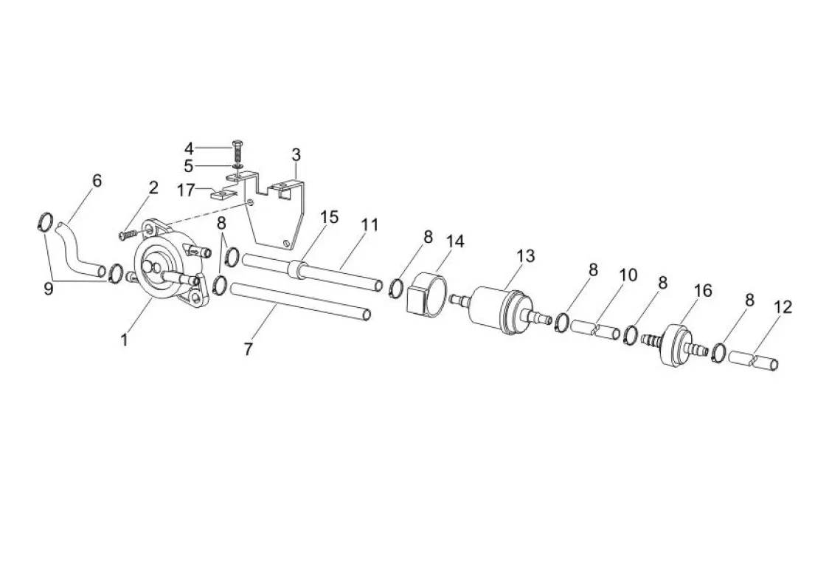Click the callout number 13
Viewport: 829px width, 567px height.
click(526, 256)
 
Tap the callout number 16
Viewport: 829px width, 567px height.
click(703, 291)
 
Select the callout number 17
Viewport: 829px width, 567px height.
click(186, 190)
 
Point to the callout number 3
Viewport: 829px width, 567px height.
click(296, 155)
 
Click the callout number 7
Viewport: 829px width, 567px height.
click(249, 349)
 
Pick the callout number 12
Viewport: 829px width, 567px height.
click(783, 307)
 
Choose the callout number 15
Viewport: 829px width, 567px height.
click(330, 218)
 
